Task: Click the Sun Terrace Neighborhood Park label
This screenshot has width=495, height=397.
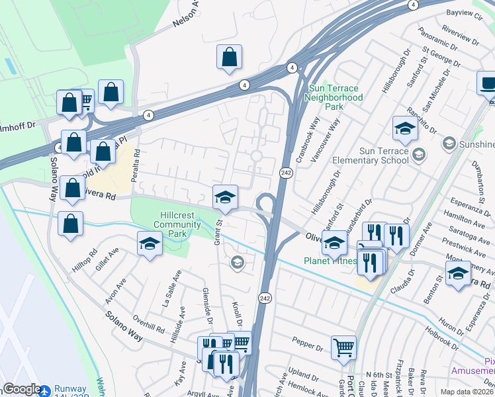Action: pyautogui.click(x=334, y=97)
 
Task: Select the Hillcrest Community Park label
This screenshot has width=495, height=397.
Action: pyautogui.click(x=172, y=224)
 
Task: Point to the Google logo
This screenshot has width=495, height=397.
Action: pyautogui.click(x=22, y=389)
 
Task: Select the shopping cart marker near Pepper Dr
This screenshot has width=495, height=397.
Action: pyautogui.click(x=343, y=347)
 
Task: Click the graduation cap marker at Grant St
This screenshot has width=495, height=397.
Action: pyautogui.click(x=225, y=197)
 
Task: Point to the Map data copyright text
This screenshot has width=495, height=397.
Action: pyautogui.click(x=467, y=391)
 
